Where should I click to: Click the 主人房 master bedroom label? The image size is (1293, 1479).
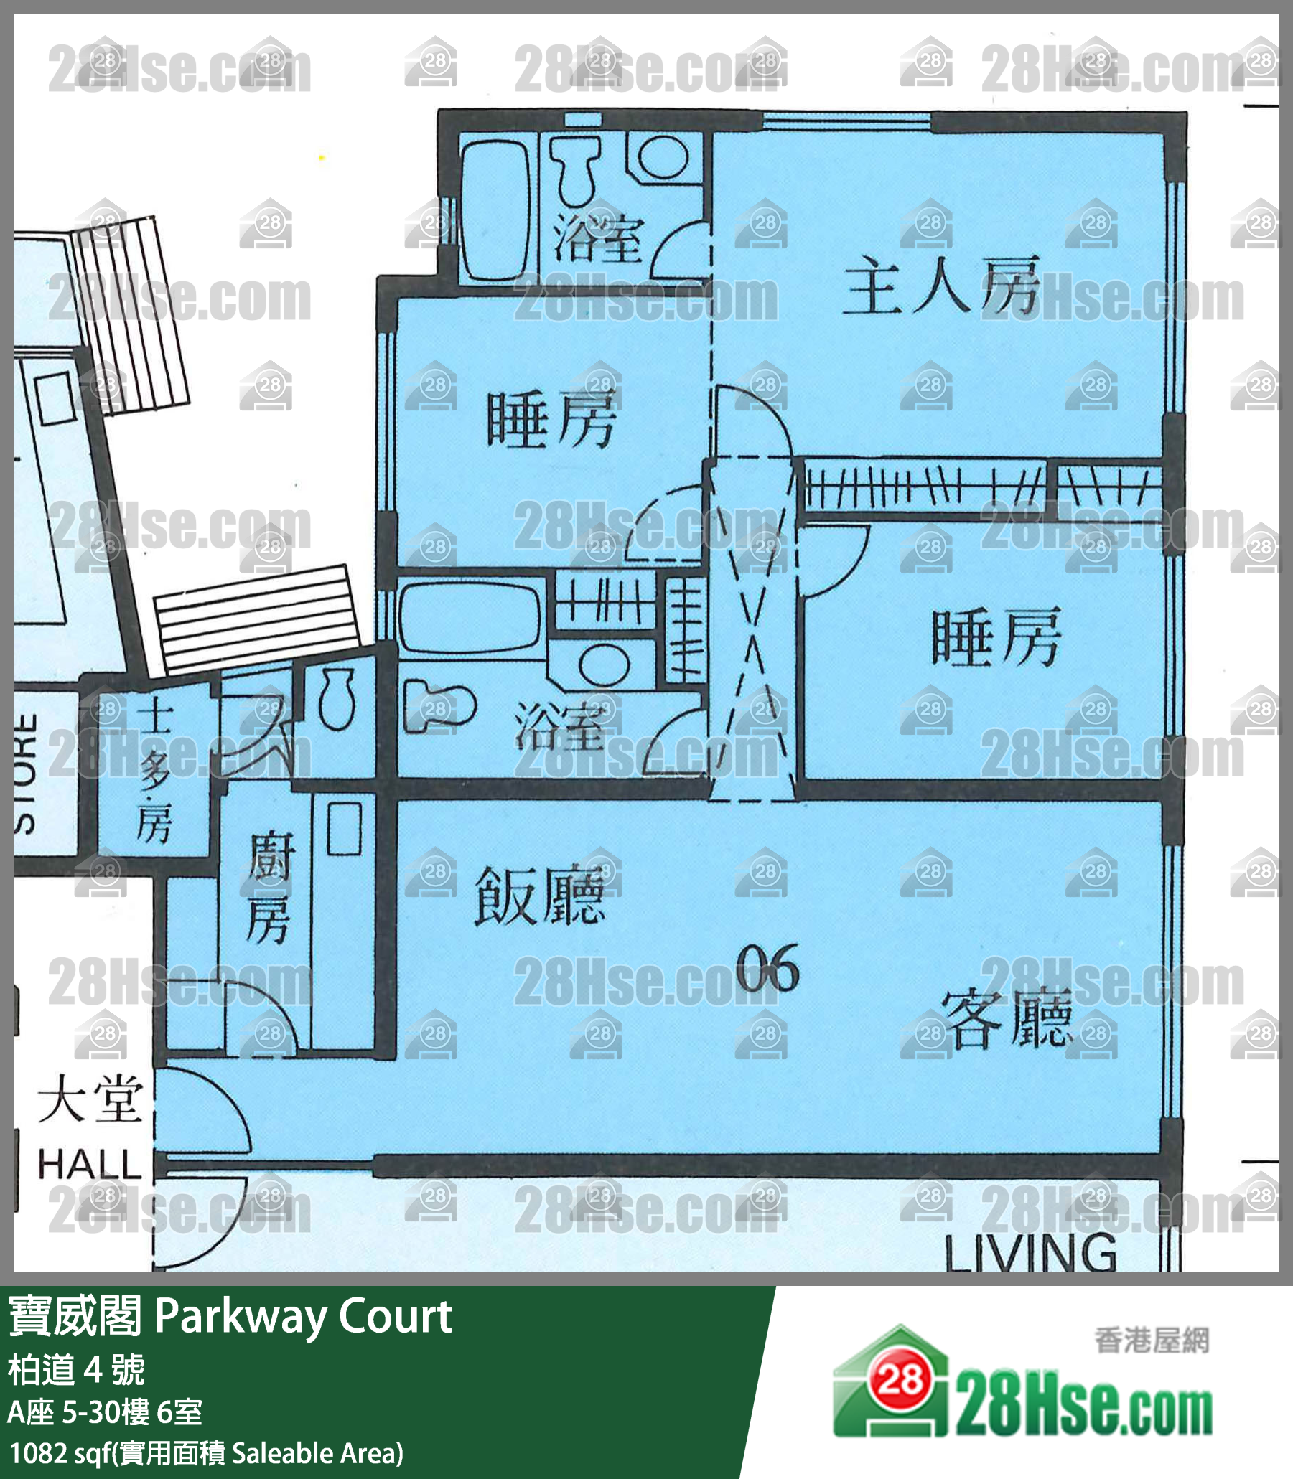point(941,287)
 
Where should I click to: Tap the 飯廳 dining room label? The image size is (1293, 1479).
point(538,896)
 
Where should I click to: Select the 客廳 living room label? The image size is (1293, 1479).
point(1006,1018)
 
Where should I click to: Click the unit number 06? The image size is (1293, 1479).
point(767,969)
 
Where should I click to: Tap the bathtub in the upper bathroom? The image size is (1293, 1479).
point(495,209)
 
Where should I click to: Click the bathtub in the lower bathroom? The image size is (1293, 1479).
point(470,619)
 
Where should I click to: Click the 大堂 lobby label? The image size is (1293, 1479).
point(90,1099)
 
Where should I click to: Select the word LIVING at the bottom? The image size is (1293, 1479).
point(1030,1252)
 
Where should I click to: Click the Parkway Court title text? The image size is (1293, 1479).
point(303,1316)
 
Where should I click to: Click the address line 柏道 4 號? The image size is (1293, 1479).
point(77,1370)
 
